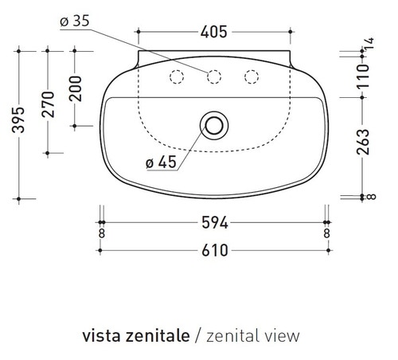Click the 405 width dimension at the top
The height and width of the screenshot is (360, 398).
click(213, 32)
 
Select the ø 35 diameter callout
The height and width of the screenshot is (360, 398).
click(74, 22)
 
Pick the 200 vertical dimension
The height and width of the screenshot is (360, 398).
click(75, 88)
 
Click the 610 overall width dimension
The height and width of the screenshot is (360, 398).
click(213, 249)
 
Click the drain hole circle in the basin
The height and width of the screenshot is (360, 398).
click(213, 125)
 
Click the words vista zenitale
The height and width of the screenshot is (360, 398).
click(135, 335)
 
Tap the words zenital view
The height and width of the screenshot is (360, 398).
click(252, 335)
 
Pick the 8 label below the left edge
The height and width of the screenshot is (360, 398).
click(101, 233)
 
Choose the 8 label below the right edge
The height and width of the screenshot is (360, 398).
click(326, 233)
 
